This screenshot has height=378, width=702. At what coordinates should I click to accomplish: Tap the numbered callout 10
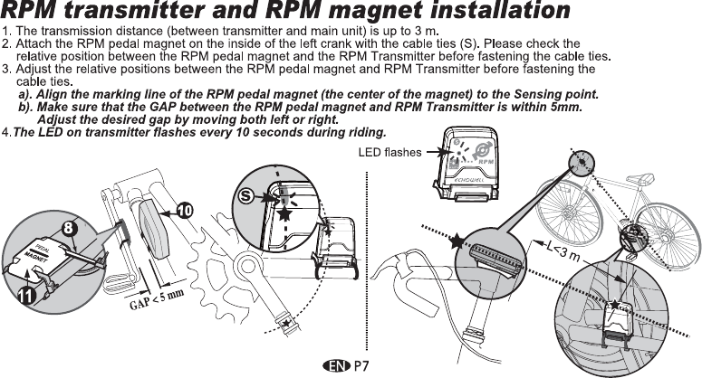(183, 211)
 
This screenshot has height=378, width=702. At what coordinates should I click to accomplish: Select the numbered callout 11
(26, 294)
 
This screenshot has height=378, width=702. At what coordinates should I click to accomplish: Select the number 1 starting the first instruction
(6, 32)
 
